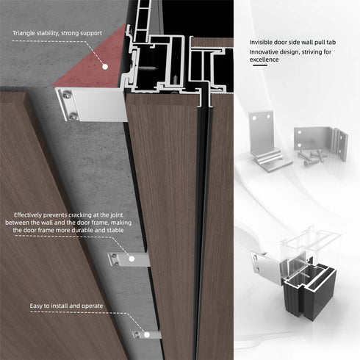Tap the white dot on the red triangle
(104, 66)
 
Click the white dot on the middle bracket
(133, 259)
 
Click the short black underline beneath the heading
(259, 67)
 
